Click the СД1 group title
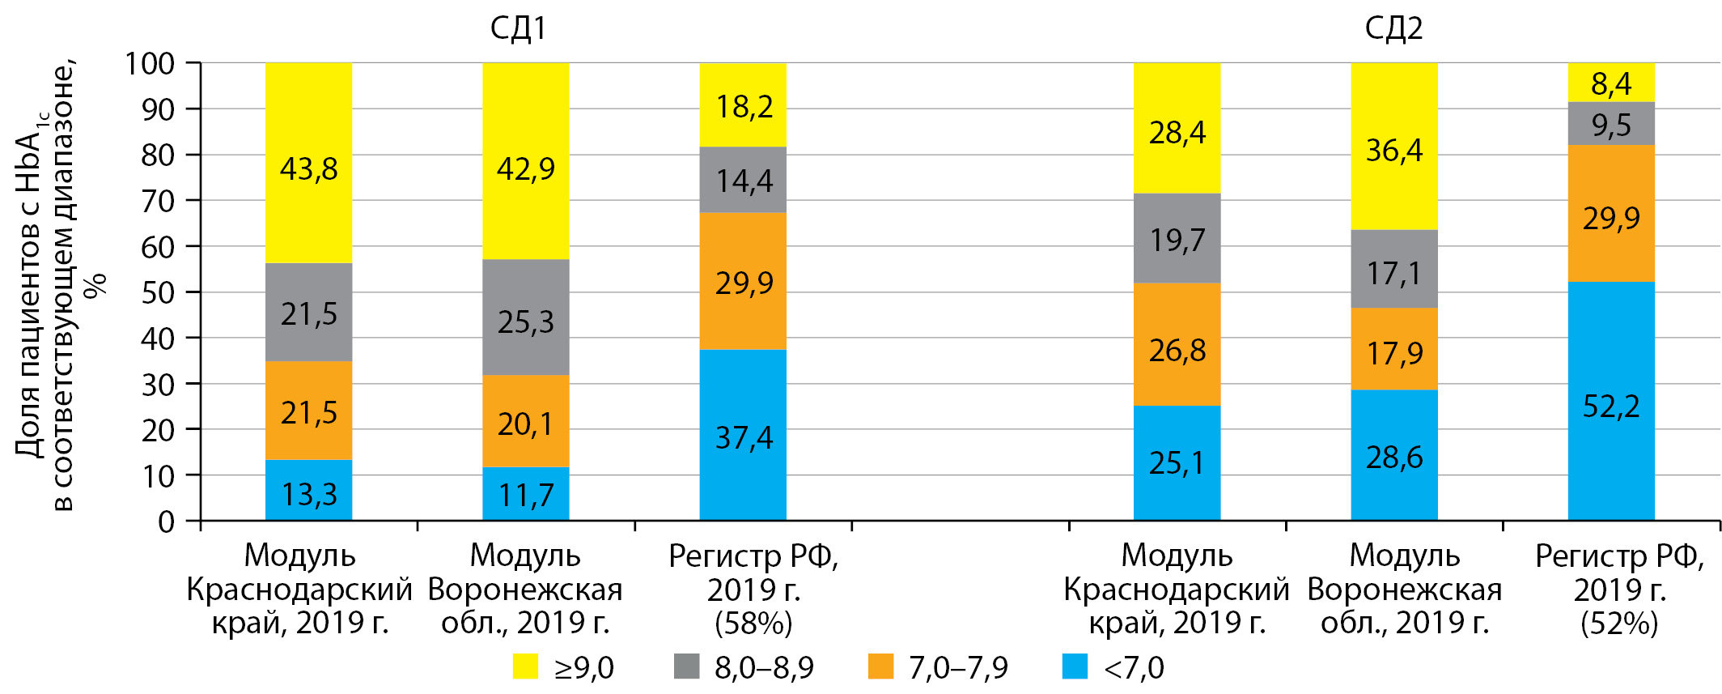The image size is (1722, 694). (518, 29)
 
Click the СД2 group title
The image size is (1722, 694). (1393, 29)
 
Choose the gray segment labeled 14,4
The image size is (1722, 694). (743, 180)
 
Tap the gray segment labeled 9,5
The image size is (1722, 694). (1611, 124)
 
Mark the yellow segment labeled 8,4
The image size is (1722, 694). (1611, 82)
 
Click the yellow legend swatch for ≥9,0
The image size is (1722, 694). (525, 666)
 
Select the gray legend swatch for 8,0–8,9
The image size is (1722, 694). (686, 666)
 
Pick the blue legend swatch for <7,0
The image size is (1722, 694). (1075, 666)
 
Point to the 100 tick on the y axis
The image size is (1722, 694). (150, 63)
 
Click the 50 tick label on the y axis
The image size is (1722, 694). (158, 292)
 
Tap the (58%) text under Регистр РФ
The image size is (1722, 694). (753, 624)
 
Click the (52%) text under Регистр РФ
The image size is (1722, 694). (1619, 624)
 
